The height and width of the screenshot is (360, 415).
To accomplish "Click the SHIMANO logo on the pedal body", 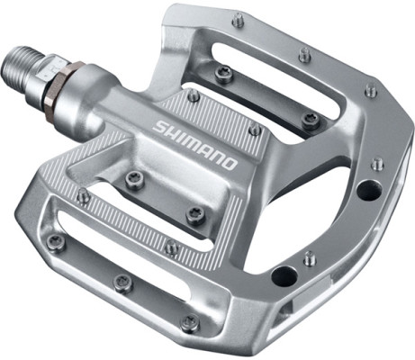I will point(195,145).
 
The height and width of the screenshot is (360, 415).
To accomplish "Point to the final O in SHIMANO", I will point(230,164).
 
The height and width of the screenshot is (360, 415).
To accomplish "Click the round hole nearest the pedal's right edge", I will point(367,190).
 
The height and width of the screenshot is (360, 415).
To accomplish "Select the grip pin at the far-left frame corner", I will point(57,240).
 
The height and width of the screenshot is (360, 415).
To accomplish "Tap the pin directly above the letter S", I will point(193,94).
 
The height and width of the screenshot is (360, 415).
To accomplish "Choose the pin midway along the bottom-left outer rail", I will point(123,282).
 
